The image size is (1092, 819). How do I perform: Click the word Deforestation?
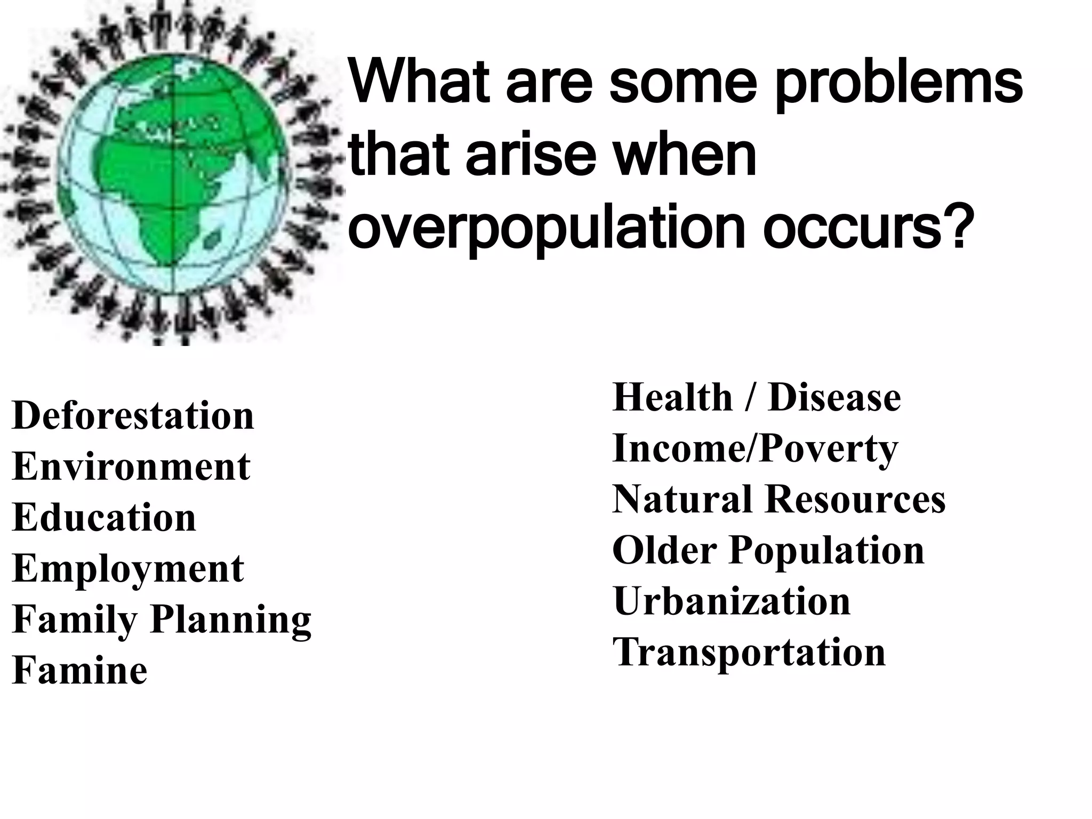click(133, 415)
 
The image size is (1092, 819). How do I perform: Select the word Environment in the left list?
click(131, 467)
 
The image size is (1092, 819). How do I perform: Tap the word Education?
click(104, 517)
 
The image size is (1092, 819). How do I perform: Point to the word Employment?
click(128, 568)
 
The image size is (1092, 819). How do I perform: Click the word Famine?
click(79, 670)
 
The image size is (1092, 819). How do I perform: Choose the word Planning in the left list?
click(230, 620)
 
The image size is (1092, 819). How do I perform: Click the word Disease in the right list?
click(834, 398)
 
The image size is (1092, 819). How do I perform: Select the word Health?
click(673, 398)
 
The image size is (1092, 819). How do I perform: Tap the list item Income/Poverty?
click(755, 448)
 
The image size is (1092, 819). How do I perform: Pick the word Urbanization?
click(732, 601)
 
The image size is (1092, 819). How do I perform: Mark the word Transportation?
click(749, 652)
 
